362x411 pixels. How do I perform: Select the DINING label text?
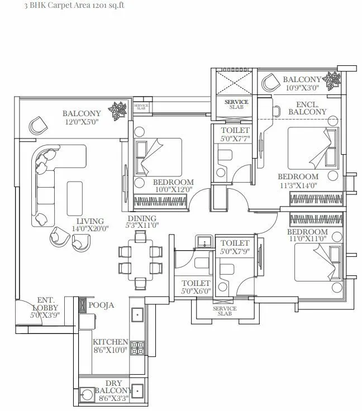click(x=141, y=218)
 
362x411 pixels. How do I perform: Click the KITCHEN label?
click(x=111, y=342)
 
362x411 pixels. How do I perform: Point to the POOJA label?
click(x=101, y=305)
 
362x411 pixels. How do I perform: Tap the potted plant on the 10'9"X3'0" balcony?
click(x=334, y=82)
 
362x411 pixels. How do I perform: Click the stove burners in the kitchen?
click(x=137, y=348)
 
